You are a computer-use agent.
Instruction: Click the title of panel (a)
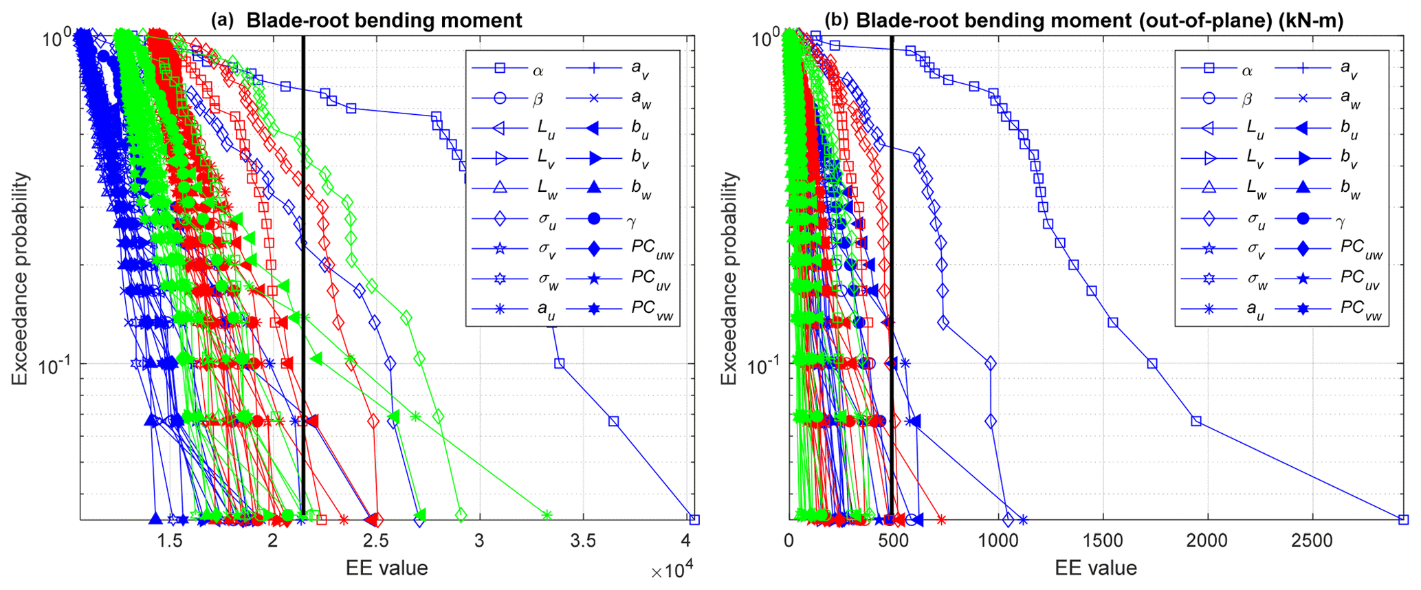click(367, 20)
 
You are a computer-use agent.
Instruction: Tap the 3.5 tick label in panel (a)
click(583, 541)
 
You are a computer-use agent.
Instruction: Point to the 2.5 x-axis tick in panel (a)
click(375, 541)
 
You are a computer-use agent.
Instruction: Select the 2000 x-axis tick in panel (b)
click(1207, 541)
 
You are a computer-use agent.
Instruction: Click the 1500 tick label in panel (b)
click(1103, 541)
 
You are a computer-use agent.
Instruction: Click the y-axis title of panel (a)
click(21, 278)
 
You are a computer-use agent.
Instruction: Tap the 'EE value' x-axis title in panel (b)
click(1096, 568)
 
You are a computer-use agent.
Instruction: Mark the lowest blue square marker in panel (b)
click(1403, 519)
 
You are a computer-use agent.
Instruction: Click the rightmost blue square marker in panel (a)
click(694, 519)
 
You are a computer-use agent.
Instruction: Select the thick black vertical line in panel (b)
click(892, 275)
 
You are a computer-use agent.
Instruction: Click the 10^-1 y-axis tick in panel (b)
click(762, 365)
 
